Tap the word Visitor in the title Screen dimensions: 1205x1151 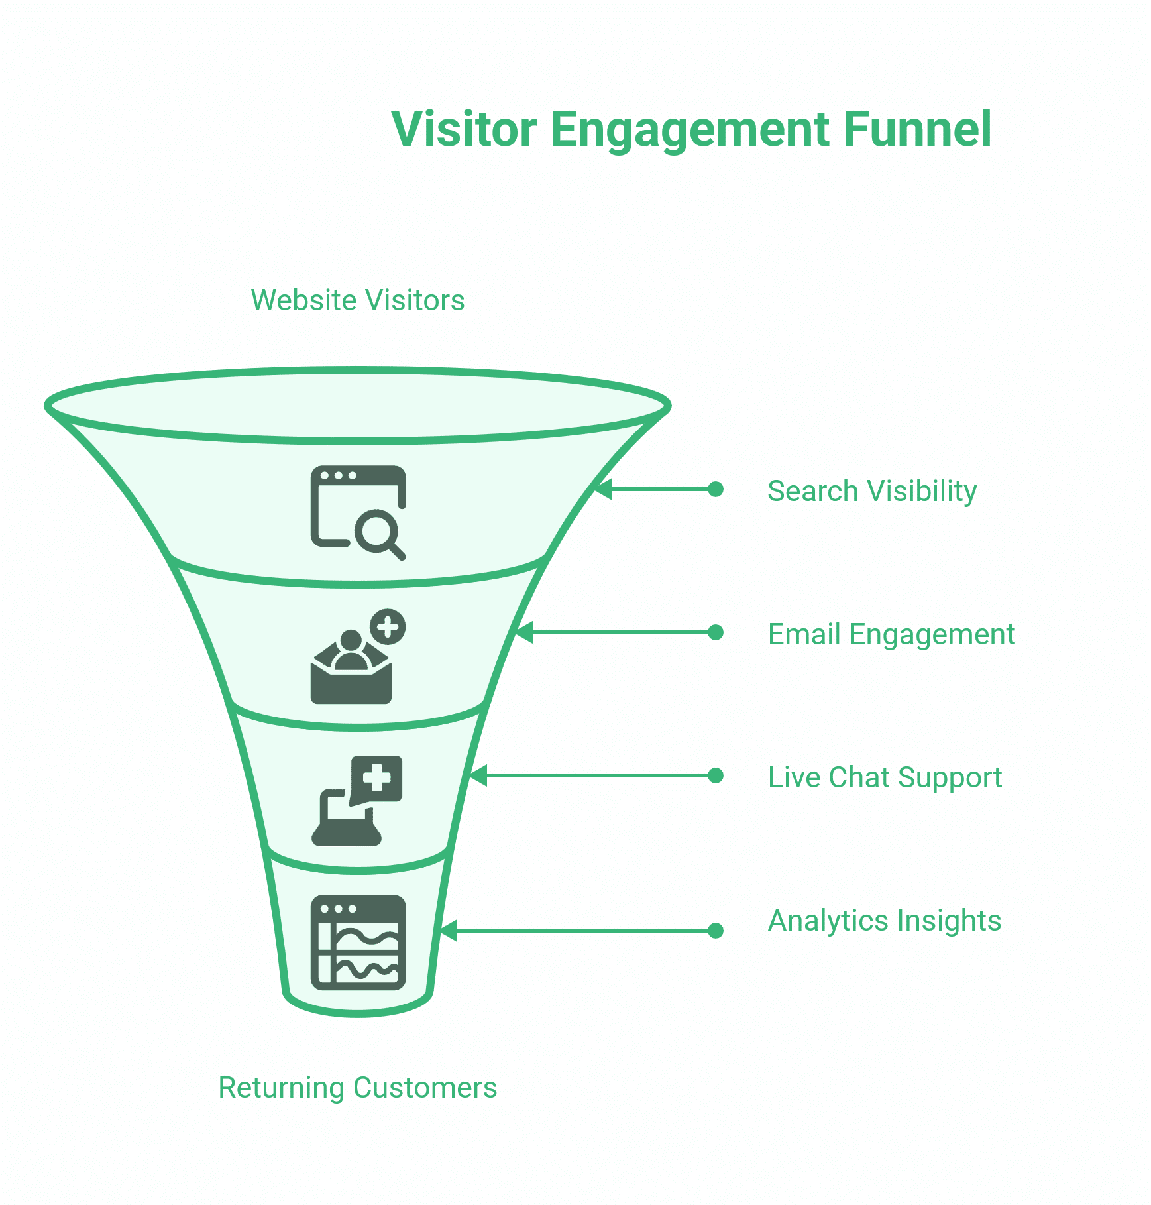(464, 129)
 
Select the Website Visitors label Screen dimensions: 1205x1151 (358, 300)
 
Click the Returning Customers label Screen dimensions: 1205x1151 (358, 1088)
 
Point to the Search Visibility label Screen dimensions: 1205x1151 (872, 491)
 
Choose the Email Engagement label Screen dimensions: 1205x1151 (891, 634)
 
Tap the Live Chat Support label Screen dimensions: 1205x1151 (885, 777)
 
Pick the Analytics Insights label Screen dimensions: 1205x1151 (885, 921)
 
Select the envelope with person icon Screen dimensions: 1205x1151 (352, 666)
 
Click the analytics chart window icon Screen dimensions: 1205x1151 (358, 943)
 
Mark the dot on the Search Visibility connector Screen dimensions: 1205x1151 (716, 489)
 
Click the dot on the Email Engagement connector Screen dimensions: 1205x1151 (716, 632)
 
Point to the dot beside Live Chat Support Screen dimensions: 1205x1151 (716, 775)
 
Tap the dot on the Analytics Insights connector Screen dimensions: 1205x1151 (716, 931)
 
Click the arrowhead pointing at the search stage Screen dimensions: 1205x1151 (602, 489)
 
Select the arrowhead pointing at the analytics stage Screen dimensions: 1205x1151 (449, 931)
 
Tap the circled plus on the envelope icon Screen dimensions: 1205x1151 (388, 626)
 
